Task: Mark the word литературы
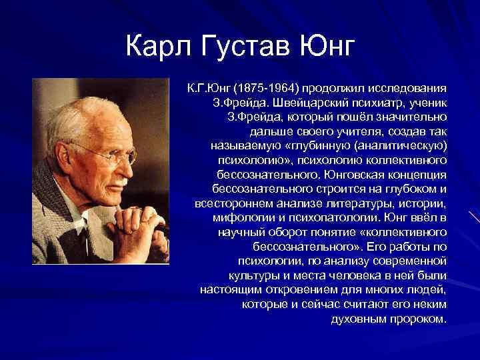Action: [x=361, y=203]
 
